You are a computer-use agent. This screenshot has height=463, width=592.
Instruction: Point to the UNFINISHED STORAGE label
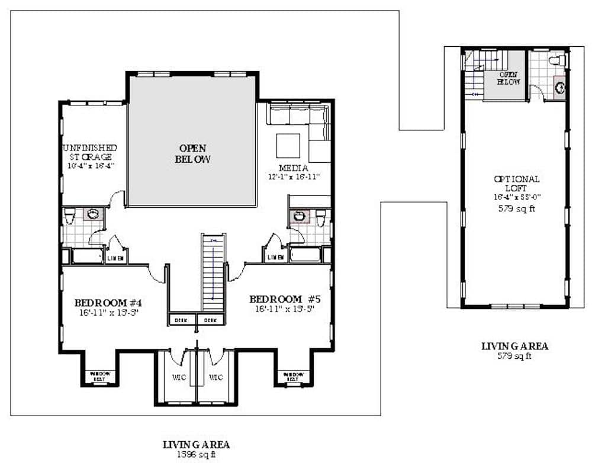click(90, 152)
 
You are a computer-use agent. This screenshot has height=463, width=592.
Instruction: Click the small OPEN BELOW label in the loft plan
click(509, 79)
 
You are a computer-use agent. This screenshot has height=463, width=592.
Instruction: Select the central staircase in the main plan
click(214, 272)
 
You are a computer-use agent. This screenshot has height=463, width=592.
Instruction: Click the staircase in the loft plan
click(475, 74)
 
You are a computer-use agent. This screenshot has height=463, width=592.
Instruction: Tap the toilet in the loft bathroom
click(556, 60)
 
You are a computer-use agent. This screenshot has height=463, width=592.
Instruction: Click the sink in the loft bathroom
click(560, 88)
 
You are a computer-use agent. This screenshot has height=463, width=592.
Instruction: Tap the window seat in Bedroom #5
click(293, 375)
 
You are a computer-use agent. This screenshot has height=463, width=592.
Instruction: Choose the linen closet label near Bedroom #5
click(275, 257)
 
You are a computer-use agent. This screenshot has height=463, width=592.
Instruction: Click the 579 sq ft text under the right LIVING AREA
click(514, 356)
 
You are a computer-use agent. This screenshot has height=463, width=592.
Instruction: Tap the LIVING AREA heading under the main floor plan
click(196, 444)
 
